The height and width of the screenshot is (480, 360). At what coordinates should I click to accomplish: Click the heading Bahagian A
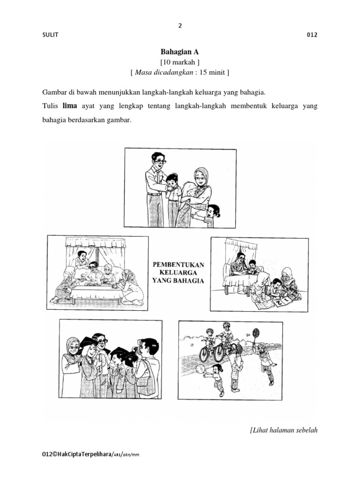point(180,52)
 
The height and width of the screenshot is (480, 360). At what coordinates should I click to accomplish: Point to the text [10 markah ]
point(180,62)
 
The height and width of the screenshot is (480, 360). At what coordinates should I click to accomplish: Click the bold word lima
point(69,106)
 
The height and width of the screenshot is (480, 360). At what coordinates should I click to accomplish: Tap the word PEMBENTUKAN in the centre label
point(179,264)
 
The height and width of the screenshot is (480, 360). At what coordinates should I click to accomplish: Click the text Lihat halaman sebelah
point(285,431)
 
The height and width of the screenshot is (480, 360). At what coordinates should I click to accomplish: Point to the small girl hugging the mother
point(211,214)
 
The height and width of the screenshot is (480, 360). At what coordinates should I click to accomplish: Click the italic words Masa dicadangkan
point(160,73)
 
